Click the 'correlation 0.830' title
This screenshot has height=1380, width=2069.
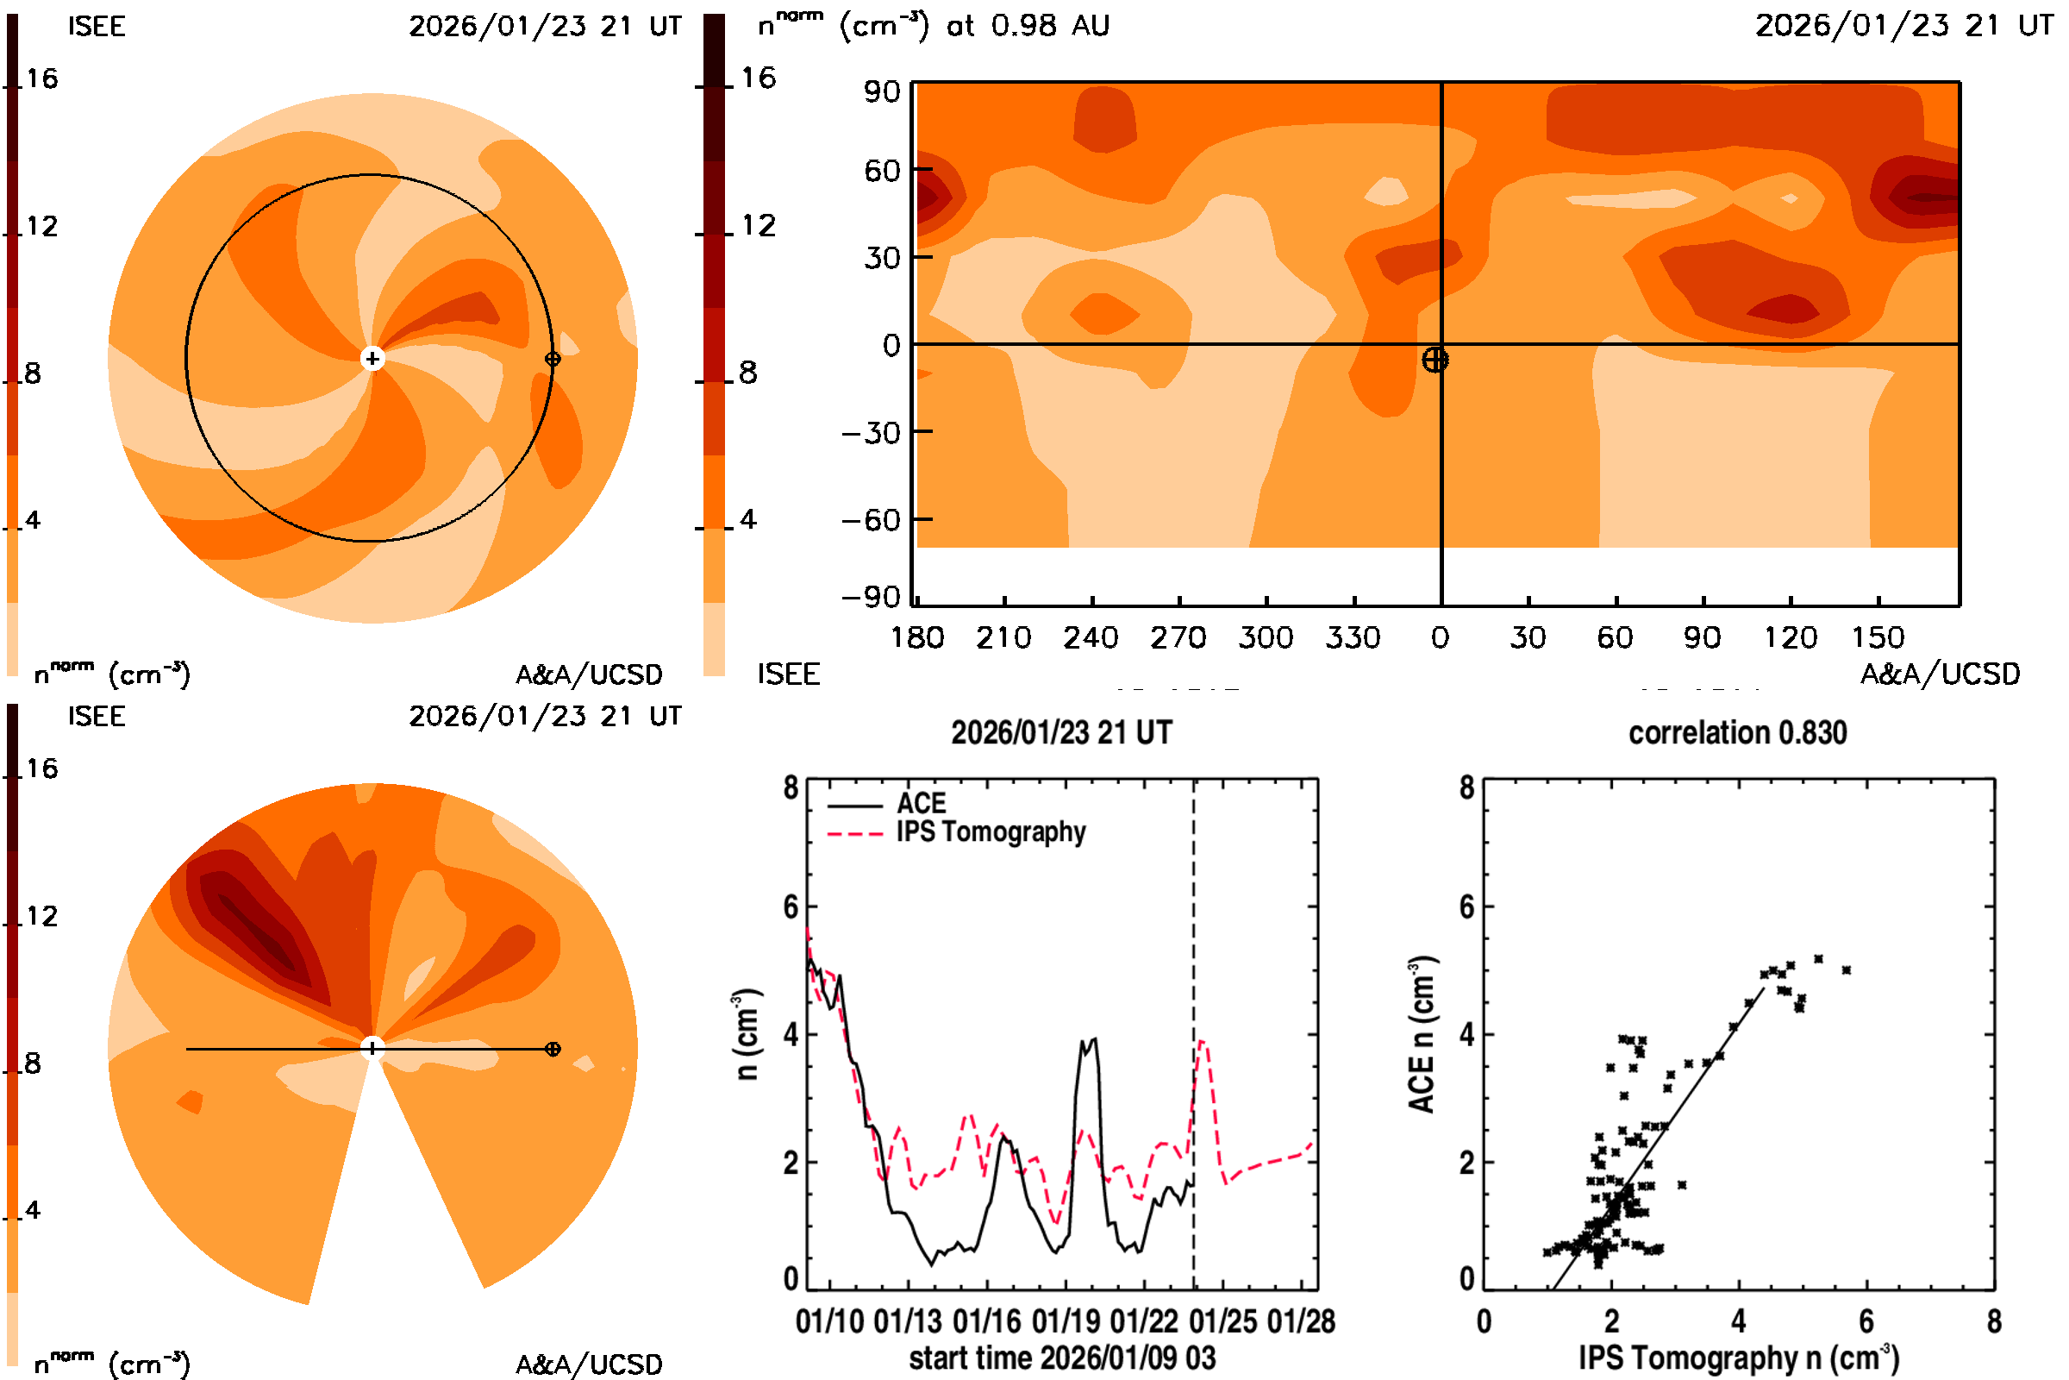point(1736,732)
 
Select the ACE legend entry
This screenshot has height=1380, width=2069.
point(920,804)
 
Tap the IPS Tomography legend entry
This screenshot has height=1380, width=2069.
point(990,831)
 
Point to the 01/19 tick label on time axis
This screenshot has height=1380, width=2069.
point(1066,1321)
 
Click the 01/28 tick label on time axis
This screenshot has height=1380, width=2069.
point(1301,1321)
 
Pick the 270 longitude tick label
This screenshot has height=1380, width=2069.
point(1178,637)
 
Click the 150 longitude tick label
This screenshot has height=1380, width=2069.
point(1878,637)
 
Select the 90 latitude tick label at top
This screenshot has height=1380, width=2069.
point(881,91)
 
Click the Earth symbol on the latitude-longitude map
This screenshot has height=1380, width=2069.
point(1435,360)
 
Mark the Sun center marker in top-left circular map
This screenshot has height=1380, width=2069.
point(372,358)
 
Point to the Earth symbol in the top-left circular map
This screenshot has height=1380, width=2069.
point(553,358)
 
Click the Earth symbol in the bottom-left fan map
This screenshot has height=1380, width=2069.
point(553,1049)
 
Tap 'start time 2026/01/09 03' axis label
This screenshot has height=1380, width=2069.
point(1062,1358)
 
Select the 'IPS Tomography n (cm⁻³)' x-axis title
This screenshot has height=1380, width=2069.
point(1738,1358)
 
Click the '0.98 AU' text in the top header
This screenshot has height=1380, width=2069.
point(1050,26)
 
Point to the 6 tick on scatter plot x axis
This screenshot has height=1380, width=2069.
point(1866,1321)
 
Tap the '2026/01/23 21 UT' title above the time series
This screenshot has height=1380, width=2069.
point(1062,732)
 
